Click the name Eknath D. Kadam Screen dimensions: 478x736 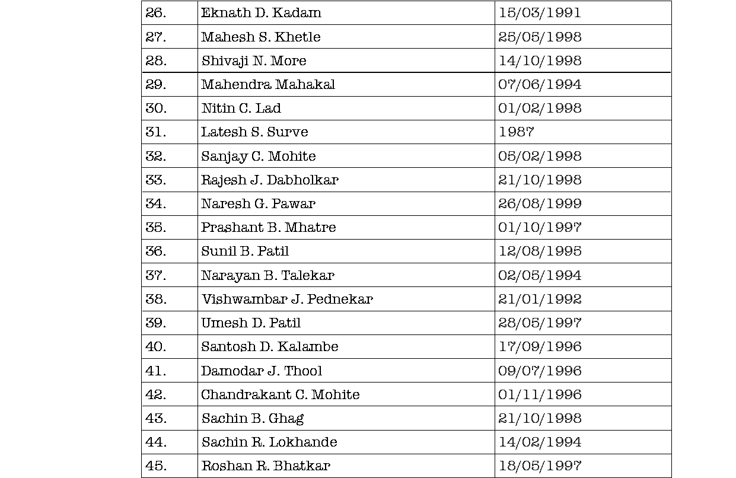coord(261,12)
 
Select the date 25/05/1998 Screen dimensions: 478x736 coord(540,37)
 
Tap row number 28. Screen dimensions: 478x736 coord(156,60)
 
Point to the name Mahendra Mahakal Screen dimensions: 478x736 coord(268,84)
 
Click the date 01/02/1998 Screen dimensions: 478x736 coord(540,108)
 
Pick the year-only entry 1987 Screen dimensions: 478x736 coord(516,132)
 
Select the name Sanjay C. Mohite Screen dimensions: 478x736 coord(259,156)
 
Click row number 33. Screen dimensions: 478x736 coord(156,180)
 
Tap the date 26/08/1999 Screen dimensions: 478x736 coord(540,203)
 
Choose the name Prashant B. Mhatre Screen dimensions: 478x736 coord(268,227)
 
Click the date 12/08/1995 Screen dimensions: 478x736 coord(540,251)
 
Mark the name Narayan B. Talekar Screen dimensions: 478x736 coord(267,275)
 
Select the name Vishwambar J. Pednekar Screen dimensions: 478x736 coord(287,299)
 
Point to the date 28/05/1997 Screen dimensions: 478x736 coord(540,323)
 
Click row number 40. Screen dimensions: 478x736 coord(156,346)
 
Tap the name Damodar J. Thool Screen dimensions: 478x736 coord(262,371)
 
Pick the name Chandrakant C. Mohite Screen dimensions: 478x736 coord(280,394)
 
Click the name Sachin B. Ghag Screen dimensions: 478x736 coord(253,418)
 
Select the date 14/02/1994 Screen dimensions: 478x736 coord(540,442)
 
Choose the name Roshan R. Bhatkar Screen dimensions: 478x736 coord(266,466)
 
